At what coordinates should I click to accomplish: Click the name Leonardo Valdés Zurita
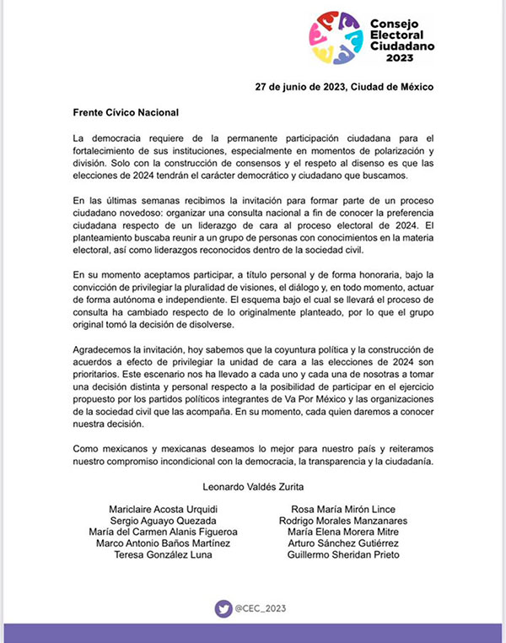click(x=252, y=486)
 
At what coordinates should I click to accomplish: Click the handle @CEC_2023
click(x=261, y=606)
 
